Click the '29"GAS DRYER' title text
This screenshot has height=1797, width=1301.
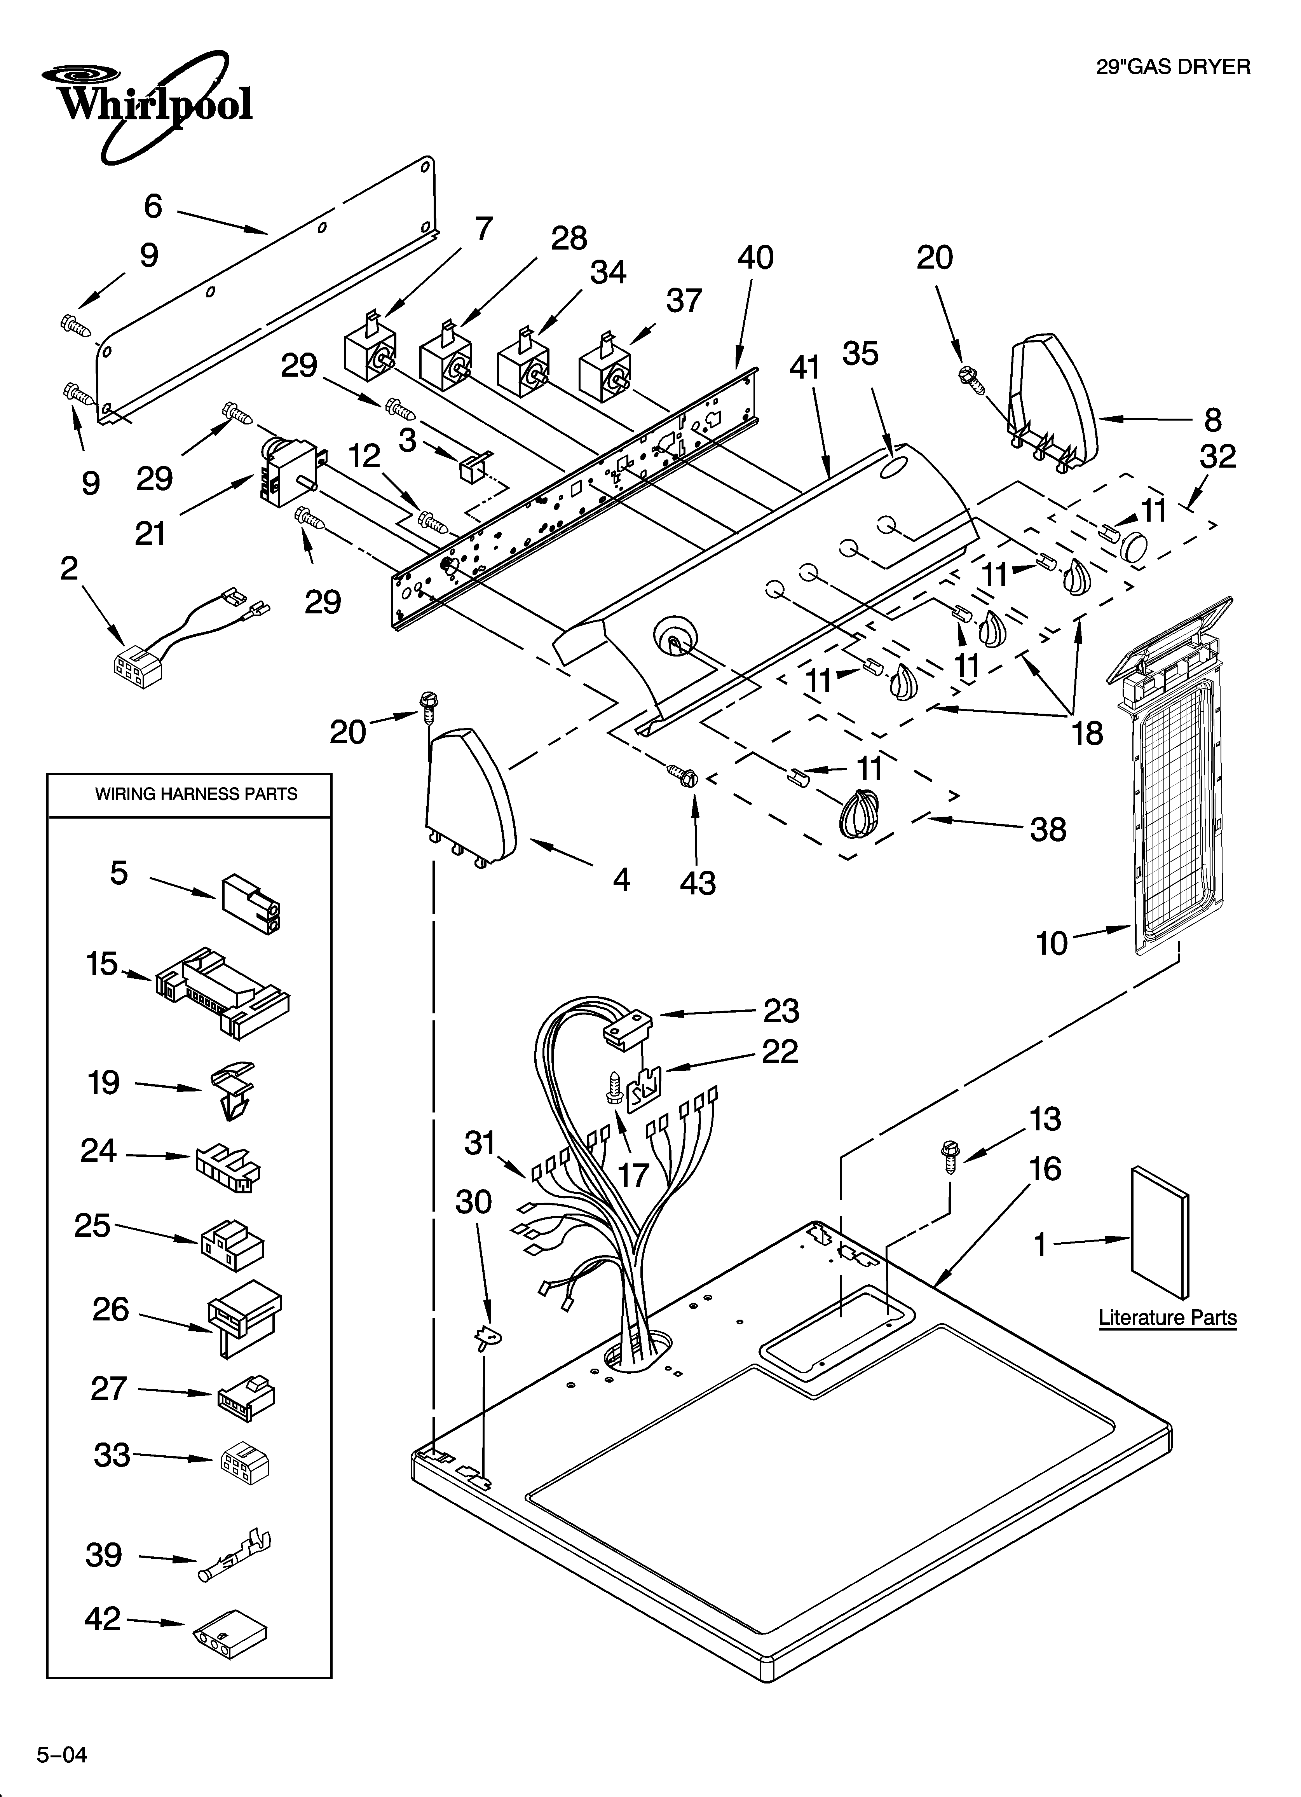pyautogui.click(x=1173, y=66)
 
